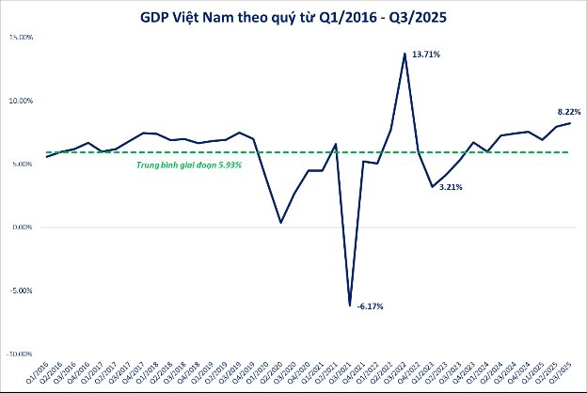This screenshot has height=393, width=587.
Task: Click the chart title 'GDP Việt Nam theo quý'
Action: point(293,16)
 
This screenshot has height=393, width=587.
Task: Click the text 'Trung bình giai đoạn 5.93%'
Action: point(190,165)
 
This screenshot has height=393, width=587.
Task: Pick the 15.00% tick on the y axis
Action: point(21,37)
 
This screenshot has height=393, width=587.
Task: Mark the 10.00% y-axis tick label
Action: point(21,100)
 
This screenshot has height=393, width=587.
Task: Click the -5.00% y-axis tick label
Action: point(22,291)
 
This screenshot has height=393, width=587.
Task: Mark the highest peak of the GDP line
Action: point(405,54)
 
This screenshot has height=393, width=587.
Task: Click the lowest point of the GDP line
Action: point(350,306)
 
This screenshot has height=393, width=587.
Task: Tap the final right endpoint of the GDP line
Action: point(569,123)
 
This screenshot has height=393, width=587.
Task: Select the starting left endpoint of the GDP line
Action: point(46,157)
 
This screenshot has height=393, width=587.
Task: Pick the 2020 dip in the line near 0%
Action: point(280,223)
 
